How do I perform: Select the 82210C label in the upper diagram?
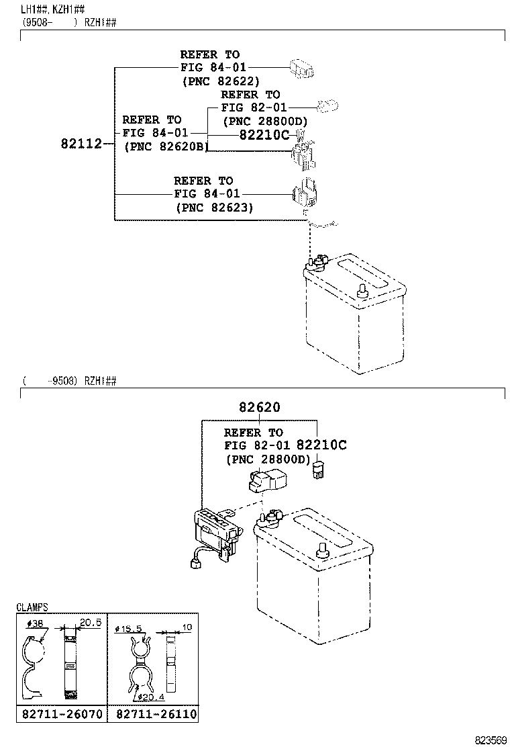coord(264,134)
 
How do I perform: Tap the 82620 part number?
coord(258,407)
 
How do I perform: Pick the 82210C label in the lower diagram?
coord(321,445)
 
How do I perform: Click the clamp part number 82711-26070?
coord(60,713)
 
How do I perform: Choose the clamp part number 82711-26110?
coord(154,713)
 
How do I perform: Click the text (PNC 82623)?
coord(215,208)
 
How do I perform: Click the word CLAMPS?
coord(32,607)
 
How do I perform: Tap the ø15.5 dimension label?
coord(130,629)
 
